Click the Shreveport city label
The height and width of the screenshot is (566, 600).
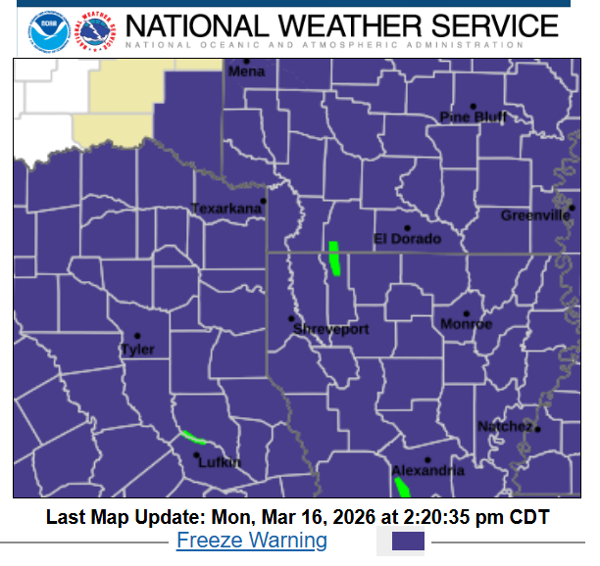tap(331, 330)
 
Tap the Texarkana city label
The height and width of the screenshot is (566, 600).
tap(226, 209)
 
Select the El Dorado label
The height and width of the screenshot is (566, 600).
tap(408, 239)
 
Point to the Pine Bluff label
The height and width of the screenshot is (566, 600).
tap(474, 118)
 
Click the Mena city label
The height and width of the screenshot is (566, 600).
tap(246, 72)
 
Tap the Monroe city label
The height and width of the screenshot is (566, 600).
tap(466, 324)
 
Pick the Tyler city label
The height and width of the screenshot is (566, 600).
tap(137, 350)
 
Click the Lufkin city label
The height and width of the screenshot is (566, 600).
tap(219, 462)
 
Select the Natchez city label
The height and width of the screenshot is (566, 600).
tap(505, 427)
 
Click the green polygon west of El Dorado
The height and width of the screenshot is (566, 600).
tap(334, 258)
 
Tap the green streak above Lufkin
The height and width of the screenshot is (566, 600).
tap(193, 437)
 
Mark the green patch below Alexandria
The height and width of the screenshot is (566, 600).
tap(402, 487)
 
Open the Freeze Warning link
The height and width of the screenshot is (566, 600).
tap(252, 540)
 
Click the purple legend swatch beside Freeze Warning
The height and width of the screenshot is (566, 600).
tap(408, 541)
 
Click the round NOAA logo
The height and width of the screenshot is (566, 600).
tap(44, 29)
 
